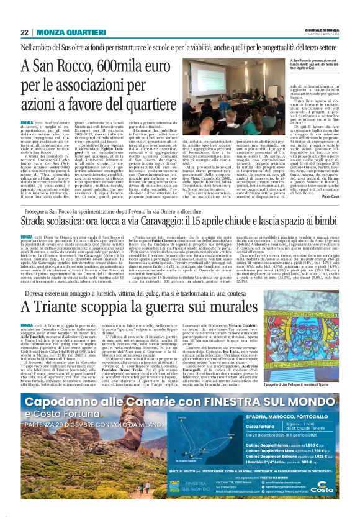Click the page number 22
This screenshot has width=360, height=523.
[24, 32]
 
